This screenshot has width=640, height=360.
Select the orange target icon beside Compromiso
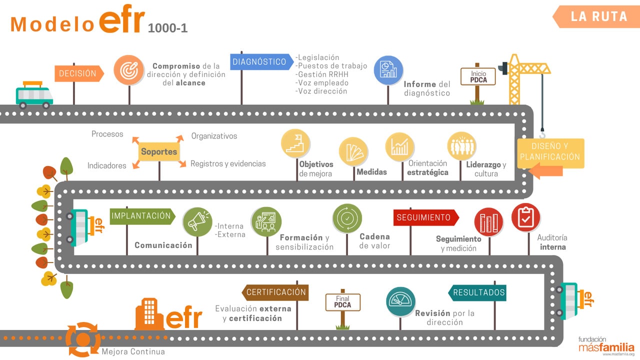[x=128, y=70]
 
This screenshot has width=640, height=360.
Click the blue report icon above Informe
[x=388, y=70]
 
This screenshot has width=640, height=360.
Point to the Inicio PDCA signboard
[x=478, y=77]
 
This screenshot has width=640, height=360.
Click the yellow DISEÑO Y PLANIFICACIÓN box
[x=549, y=152]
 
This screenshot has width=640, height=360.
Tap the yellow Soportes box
[x=159, y=152]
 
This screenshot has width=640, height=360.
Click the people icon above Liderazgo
[x=461, y=146]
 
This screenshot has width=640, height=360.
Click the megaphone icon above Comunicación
[x=197, y=221]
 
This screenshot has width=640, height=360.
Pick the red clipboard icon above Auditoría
[x=525, y=217]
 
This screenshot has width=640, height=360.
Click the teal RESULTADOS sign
[x=478, y=292]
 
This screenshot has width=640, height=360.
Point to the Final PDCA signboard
[x=342, y=302]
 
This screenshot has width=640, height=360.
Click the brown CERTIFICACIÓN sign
[x=275, y=292]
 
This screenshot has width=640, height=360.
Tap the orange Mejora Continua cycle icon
[x=83, y=339]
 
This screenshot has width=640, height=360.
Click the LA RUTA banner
[x=595, y=16]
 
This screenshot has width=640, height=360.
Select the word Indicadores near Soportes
[x=107, y=165]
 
